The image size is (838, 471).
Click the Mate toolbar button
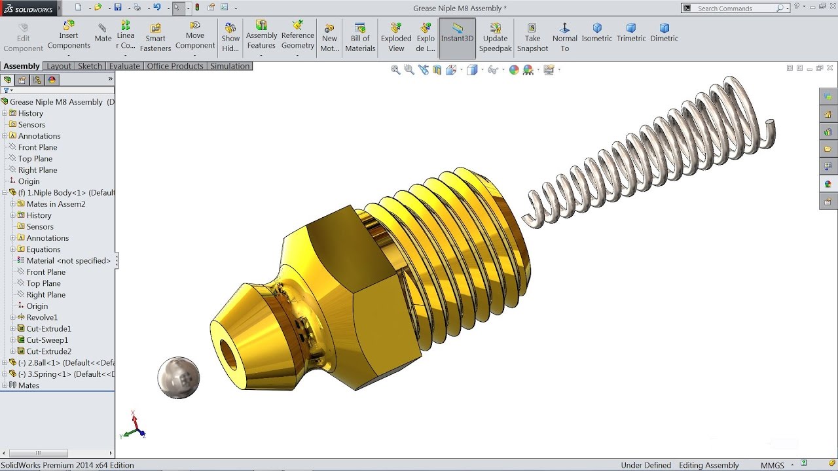103,33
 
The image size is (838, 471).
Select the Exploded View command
396,38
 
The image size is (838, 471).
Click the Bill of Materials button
360,38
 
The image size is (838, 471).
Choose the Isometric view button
596,33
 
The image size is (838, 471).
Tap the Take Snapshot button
532,38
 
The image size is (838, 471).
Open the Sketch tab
90,66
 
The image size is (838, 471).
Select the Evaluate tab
124,66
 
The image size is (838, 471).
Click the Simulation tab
230,66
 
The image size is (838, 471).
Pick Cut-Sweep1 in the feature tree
47,340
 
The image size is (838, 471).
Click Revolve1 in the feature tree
42,317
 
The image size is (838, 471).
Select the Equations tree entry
43,249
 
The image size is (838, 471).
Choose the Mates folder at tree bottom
29,385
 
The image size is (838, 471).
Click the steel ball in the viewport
178,377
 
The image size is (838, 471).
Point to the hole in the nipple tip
228,355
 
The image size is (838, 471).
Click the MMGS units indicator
772,465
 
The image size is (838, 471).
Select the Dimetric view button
664,33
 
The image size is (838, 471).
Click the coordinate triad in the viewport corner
134,426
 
